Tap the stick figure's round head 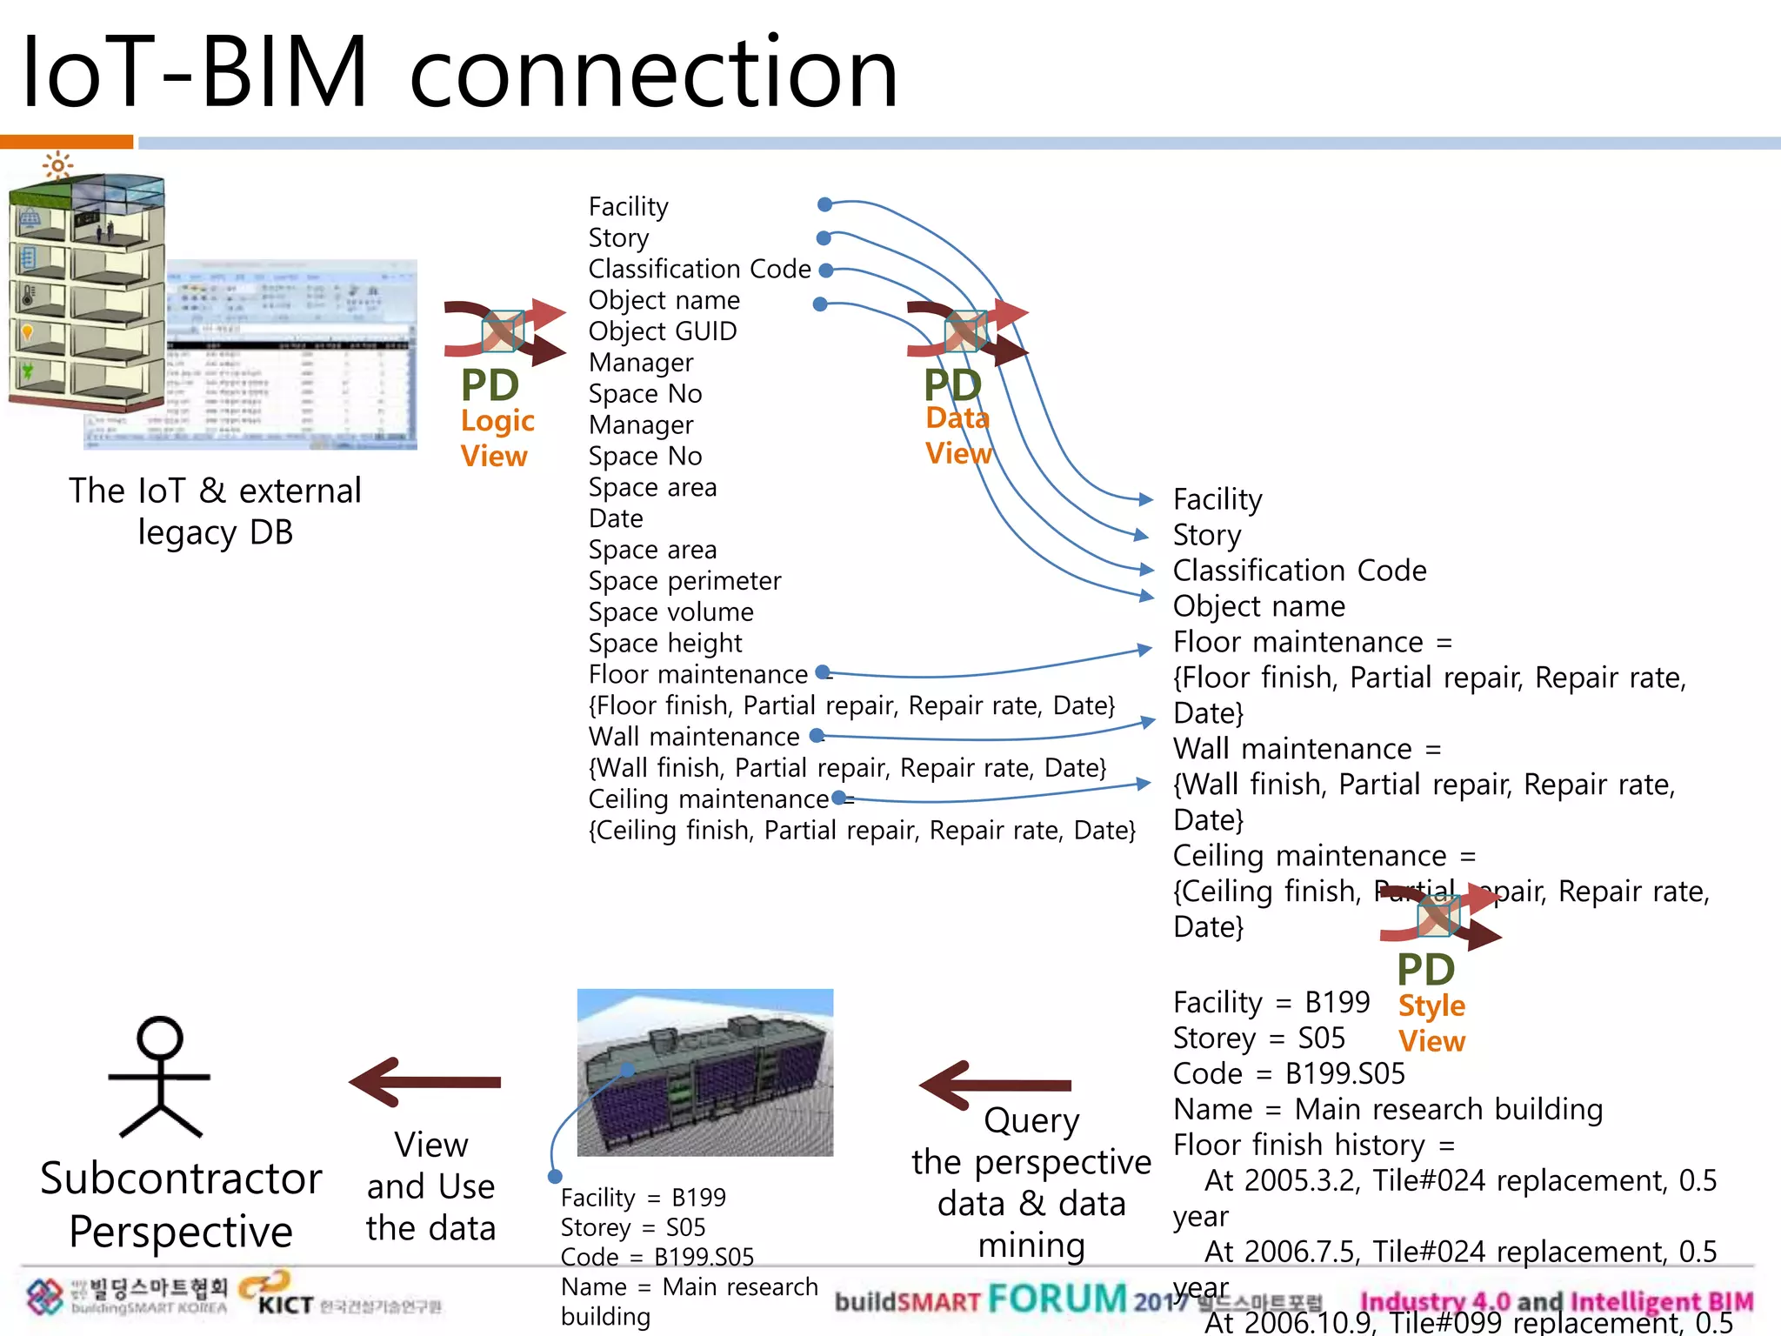(x=160, y=1038)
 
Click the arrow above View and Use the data (x=425, y=1082)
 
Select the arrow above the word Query (x=995, y=1085)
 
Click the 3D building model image (x=704, y=1072)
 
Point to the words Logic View (x=497, y=438)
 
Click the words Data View (x=957, y=436)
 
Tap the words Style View (x=1431, y=1023)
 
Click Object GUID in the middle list (x=663, y=331)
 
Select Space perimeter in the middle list (x=684, y=581)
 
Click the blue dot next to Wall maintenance (x=816, y=736)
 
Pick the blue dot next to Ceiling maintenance (x=838, y=798)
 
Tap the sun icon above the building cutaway (x=57, y=165)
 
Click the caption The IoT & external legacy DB (x=215, y=511)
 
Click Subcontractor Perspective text (x=181, y=1205)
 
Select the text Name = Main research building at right (x=1387, y=1110)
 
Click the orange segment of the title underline (x=66, y=142)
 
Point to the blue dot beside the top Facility (x=824, y=204)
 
